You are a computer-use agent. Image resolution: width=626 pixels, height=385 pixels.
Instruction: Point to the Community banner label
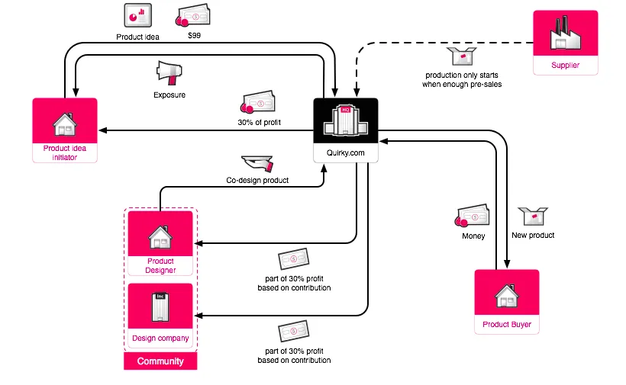[x=160, y=361]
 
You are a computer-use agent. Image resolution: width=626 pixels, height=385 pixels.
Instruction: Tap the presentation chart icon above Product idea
[x=137, y=15]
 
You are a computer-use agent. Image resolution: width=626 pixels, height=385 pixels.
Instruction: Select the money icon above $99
[x=193, y=16]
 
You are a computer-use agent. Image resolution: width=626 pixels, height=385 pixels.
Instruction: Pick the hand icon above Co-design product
[x=257, y=163]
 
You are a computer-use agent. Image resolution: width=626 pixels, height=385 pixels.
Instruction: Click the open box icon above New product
[x=533, y=218]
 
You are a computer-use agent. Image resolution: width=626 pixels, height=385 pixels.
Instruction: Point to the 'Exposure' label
[x=169, y=95]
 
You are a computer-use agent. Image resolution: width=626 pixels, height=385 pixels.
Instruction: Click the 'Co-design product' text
[x=257, y=181]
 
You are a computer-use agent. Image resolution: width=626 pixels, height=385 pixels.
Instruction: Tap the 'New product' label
[x=533, y=236]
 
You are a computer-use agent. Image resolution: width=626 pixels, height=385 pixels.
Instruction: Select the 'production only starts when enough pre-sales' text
[x=462, y=79]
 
